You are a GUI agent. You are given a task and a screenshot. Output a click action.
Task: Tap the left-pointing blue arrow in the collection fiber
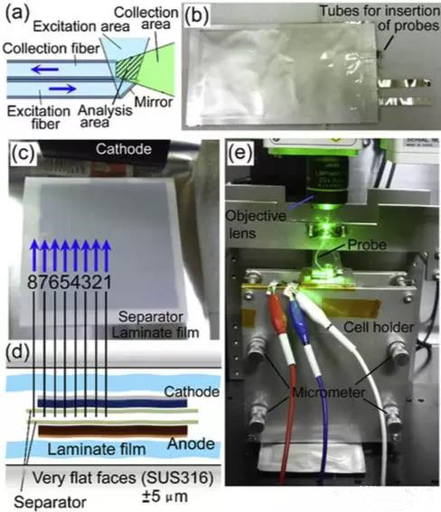pos(45,70)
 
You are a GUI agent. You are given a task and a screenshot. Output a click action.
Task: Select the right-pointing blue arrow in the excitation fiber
pos(62,88)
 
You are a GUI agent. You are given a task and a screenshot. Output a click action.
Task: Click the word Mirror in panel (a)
pos(154,102)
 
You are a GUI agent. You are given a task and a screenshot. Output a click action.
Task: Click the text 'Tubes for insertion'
pos(380,11)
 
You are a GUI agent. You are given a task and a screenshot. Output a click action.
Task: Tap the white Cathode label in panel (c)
pos(124,149)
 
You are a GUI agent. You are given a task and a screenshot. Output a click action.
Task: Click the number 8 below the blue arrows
pos(33,282)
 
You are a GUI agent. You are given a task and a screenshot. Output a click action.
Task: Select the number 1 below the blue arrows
pos(107,282)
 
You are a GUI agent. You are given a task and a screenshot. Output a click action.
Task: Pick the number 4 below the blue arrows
pos(75,282)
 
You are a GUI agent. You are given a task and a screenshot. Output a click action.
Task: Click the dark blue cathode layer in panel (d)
pos(112,404)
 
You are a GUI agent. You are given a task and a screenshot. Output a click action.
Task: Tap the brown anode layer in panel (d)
pos(113,431)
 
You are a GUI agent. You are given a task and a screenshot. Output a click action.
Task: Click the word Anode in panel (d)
pos(191,443)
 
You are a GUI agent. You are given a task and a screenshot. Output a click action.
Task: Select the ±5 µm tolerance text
pos(164,497)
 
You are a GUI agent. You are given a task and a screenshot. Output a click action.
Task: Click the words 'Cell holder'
pos(379,327)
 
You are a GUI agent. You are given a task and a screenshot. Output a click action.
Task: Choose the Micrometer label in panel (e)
pos(328,392)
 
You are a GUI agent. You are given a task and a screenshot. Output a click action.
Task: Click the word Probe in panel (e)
pos(367,245)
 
